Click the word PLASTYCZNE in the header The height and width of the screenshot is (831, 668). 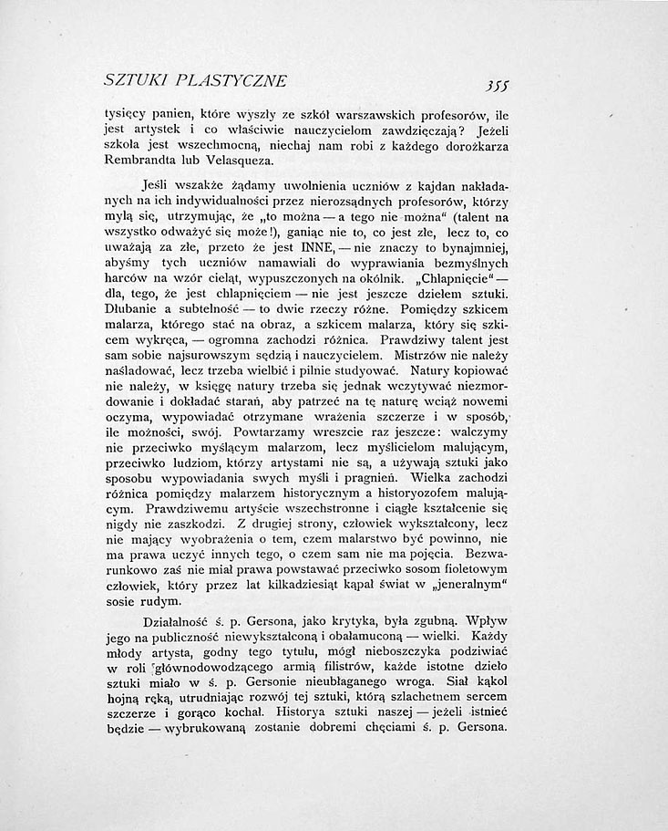click(231, 81)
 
